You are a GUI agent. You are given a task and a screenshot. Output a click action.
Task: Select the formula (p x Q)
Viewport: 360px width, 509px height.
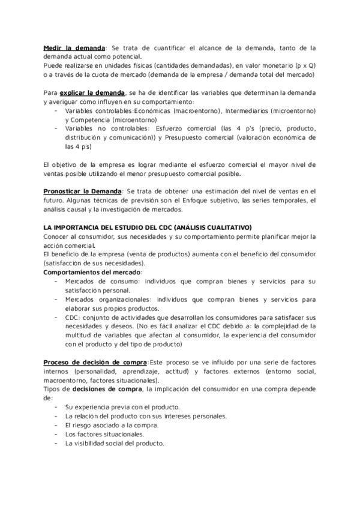303,65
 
